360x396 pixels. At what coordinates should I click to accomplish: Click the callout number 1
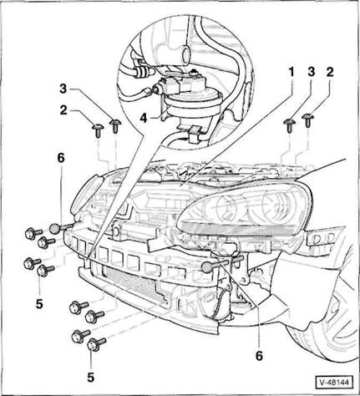point(292,73)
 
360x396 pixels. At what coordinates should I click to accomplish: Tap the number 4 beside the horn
point(144,118)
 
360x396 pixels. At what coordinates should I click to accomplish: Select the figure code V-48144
point(334,383)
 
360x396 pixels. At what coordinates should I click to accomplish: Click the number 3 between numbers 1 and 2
point(312,72)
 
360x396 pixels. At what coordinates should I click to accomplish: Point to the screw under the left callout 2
point(98,130)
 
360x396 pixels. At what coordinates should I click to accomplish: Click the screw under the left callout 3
point(114,125)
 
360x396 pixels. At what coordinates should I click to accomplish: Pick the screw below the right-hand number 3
point(289,125)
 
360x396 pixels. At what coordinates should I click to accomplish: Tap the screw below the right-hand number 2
point(308,120)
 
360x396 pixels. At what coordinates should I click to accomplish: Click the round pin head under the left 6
point(54,229)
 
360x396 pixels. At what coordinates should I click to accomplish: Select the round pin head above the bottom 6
point(207,267)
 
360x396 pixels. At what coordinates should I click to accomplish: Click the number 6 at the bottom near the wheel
point(259,356)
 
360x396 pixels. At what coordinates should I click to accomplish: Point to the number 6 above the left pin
point(61,158)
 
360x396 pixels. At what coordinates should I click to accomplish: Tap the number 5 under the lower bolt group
point(91,378)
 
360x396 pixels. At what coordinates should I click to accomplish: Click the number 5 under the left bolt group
point(39,304)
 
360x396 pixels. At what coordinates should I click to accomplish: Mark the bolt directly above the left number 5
point(44,270)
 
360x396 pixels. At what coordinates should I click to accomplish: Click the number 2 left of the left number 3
point(63,110)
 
